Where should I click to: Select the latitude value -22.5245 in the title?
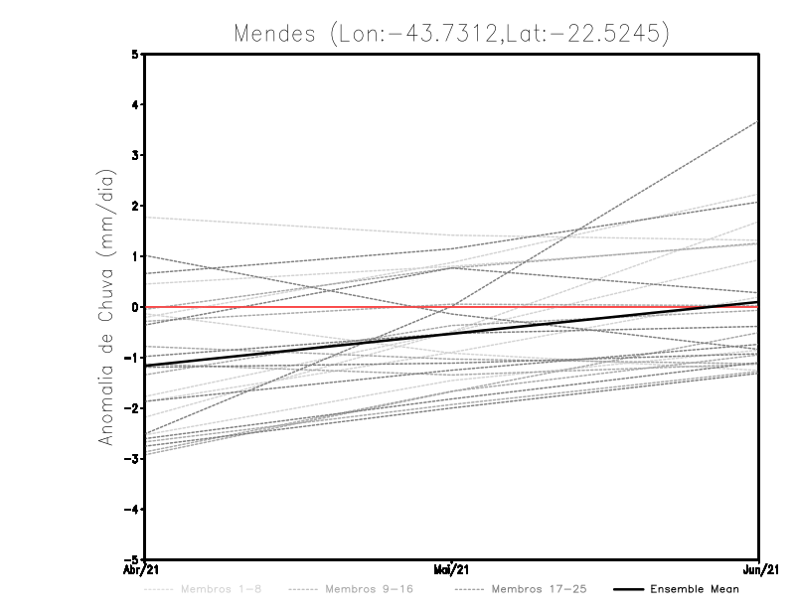(608, 33)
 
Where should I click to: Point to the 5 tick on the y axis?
(135, 54)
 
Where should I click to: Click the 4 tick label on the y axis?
(135, 104)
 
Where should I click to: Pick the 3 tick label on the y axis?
(135, 155)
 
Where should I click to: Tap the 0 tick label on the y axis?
(135, 307)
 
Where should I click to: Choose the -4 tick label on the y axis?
(133, 509)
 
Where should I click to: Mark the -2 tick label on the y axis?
(133, 407)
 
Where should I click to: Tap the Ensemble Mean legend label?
(694, 590)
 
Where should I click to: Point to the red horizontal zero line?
(298, 307)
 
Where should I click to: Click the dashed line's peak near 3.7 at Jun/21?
(757, 122)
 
